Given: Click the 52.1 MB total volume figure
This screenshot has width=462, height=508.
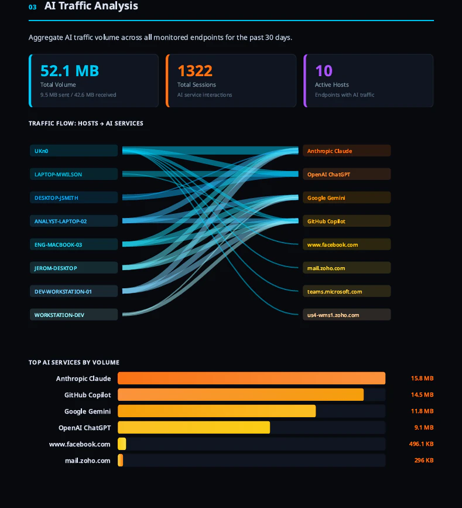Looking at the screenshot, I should [x=70, y=71].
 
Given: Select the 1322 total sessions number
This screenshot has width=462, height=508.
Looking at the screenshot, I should [x=195, y=71].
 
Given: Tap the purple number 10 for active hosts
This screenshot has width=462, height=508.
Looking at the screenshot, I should [x=324, y=71].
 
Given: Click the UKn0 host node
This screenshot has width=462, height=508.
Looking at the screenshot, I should [x=74, y=151].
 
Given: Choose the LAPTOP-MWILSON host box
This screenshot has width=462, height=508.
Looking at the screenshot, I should [x=74, y=174].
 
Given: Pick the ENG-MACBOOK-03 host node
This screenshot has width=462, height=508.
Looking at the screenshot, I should [x=74, y=244].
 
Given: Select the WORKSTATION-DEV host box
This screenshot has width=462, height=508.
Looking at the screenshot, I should [x=74, y=315].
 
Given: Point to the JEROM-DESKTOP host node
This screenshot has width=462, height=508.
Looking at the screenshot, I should [x=74, y=268].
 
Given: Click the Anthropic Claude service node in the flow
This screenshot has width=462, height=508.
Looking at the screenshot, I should [x=347, y=151].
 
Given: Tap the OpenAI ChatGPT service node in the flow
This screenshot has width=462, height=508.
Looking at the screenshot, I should [x=347, y=174].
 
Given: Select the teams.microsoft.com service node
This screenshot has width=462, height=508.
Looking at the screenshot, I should [x=347, y=291].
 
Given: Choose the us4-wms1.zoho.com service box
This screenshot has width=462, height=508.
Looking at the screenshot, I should [x=347, y=315].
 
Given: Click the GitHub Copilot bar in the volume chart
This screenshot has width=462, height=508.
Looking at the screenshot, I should [x=240, y=395].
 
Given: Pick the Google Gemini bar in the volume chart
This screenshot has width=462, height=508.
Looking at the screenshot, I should [x=217, y=411].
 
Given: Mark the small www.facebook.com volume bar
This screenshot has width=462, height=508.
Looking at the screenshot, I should [x=122, y=444].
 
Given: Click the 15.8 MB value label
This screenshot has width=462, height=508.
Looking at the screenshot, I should [x=422, y=379].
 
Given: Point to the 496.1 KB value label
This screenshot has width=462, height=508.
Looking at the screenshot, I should [x=421, y=444].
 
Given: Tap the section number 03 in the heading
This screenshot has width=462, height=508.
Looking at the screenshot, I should [x=32, y=7].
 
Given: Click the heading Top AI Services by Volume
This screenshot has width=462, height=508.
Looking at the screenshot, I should [x=74, y=363].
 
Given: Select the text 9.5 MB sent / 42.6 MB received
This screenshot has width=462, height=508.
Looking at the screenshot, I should [x=78, y=95].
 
